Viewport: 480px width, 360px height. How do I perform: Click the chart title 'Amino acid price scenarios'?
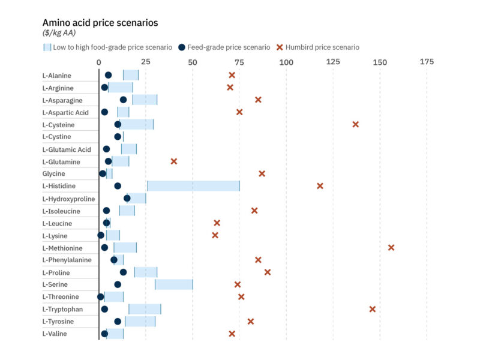[100, 22]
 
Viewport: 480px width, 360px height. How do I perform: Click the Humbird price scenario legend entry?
[317, 47]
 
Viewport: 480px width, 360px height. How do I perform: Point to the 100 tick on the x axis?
[286, 62]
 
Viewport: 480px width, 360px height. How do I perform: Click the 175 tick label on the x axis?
[427, 62]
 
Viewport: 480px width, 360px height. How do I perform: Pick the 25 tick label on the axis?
[145, 62]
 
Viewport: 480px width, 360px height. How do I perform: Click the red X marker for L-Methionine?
[391, 247]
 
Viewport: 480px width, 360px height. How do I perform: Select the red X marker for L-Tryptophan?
[373, 309]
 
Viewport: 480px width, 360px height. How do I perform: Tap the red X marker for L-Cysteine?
[356, 124]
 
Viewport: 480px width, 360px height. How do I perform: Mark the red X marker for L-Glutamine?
[174, 161]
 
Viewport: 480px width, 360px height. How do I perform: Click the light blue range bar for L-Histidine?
[193, 186]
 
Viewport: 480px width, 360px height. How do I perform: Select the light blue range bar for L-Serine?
[174, 284]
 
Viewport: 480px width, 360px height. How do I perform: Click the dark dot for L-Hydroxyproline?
[127, 198]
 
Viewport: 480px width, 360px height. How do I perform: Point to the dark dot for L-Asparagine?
[123, 100]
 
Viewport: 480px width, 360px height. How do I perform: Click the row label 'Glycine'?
[54, 173]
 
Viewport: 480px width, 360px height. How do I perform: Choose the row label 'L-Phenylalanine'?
[67, 260]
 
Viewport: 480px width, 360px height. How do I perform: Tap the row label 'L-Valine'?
[55, 334]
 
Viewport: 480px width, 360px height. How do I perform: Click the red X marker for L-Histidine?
[320, 186]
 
